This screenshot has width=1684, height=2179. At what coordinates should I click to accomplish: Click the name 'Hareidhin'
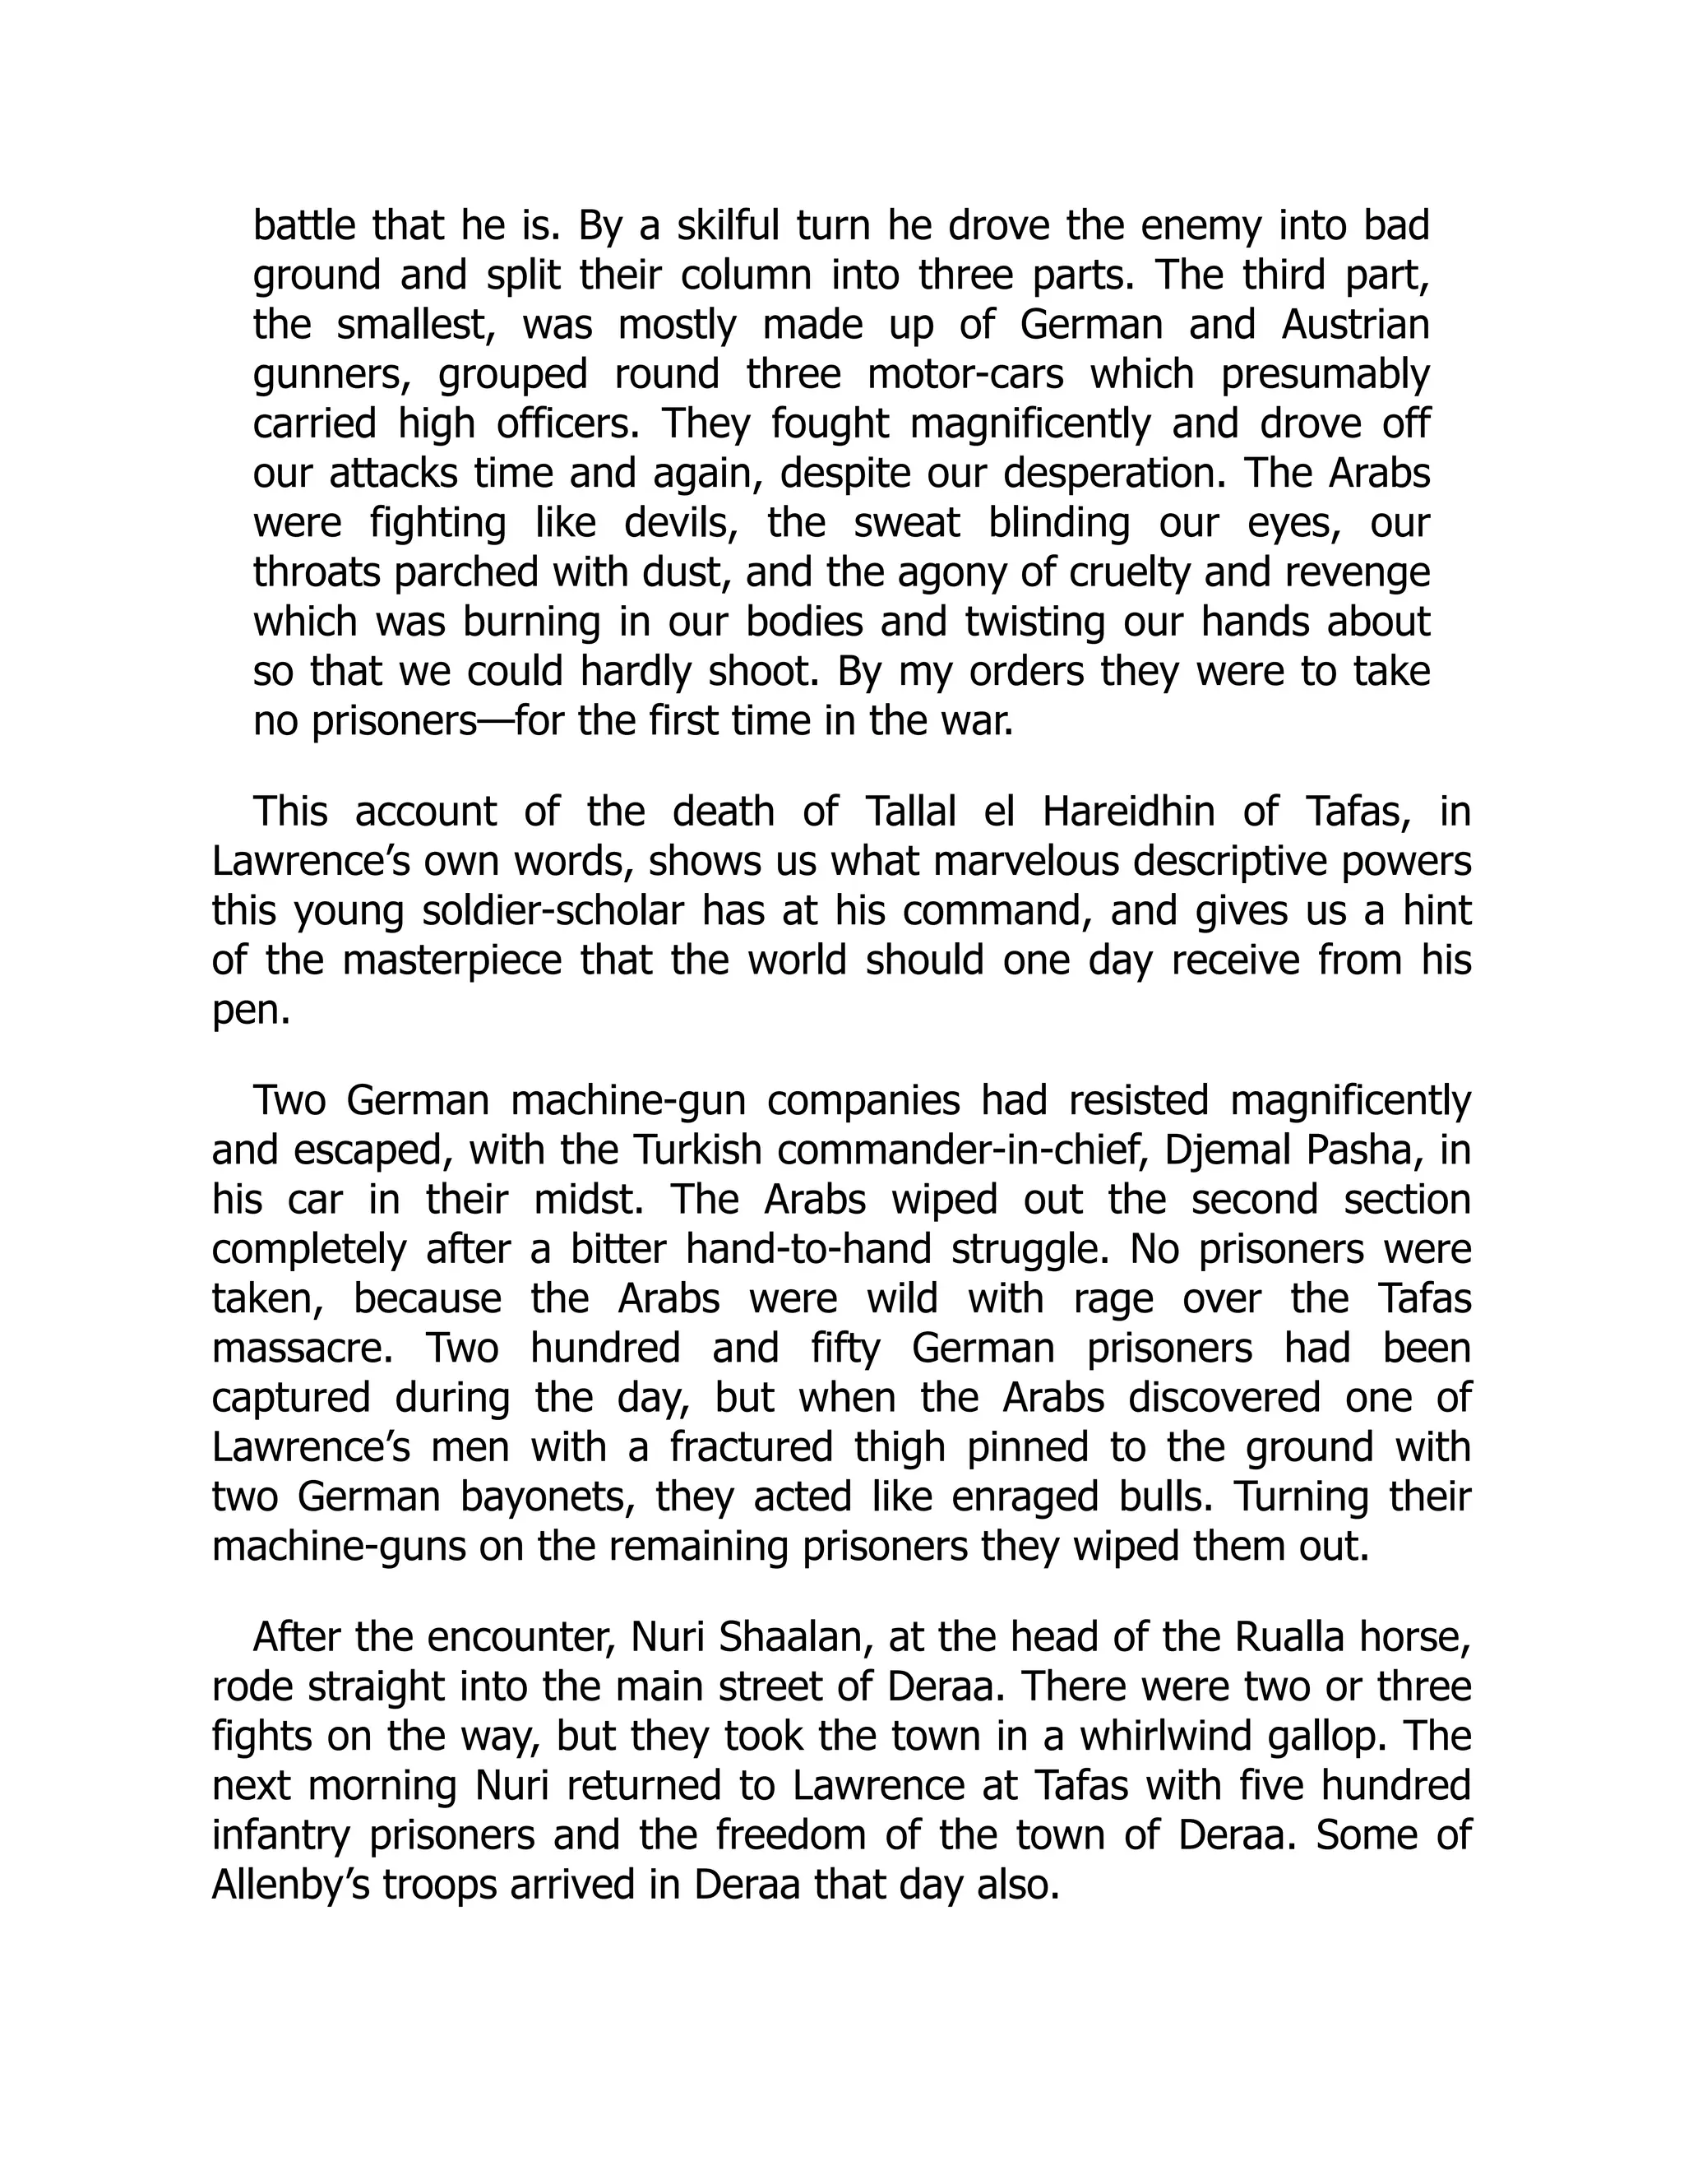point(1128,812)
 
